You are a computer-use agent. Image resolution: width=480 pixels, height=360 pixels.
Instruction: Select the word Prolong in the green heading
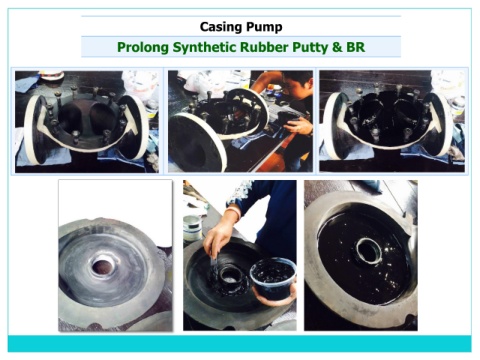(143, 47)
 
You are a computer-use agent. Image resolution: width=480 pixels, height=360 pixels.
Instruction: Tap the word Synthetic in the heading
(204, 47)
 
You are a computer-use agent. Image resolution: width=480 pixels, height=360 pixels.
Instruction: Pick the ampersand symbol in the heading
(337, 47)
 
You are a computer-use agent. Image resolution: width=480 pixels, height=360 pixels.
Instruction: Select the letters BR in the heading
(356, 47)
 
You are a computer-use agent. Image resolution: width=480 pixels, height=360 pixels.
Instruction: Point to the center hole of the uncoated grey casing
(103, 266)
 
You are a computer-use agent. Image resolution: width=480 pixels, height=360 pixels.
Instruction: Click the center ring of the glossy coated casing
(368, 250)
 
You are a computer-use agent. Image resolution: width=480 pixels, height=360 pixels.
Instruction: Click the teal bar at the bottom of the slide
(240, 343)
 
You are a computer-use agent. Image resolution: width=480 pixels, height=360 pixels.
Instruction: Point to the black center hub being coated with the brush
(231, 277)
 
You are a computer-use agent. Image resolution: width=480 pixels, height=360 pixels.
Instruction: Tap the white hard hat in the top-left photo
(51, 75)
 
